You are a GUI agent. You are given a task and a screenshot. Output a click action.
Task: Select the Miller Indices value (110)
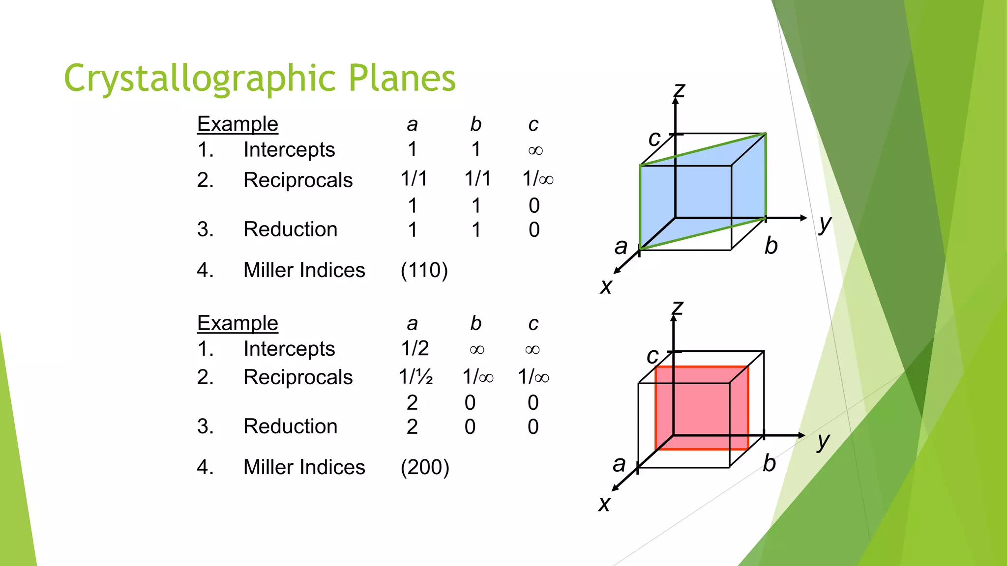click(424, 270)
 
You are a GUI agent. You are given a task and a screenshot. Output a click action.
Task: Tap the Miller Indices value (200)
click(425, 467)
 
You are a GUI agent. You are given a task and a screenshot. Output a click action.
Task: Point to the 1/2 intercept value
click(415, 348)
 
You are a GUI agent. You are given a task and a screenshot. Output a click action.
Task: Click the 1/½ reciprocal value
click(415, 377)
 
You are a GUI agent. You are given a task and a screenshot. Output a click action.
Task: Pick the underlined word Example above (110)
click(237, 124)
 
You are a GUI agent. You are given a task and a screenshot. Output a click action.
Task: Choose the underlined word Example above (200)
click(237, 323)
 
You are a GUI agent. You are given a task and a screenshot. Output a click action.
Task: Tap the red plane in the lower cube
click(702, 408)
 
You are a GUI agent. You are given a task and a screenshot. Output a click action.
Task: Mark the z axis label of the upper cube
click(679, 90)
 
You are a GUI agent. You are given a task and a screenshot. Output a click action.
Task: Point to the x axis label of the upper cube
click(606, 286)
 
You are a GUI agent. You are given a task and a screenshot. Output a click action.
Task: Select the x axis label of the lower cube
click(604, 504)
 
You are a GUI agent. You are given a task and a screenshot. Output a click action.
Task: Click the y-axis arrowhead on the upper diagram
click(803, 218)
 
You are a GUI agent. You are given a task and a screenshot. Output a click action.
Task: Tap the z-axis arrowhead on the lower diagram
click(674, 318)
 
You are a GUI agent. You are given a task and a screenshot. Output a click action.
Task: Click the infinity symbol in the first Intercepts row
click(535, 150)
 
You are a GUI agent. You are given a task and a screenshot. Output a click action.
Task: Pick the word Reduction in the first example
click(290, 229)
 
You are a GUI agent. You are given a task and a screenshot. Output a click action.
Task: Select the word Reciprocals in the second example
click(298, 377)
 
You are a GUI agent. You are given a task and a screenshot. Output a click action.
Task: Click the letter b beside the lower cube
click(770, 463)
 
